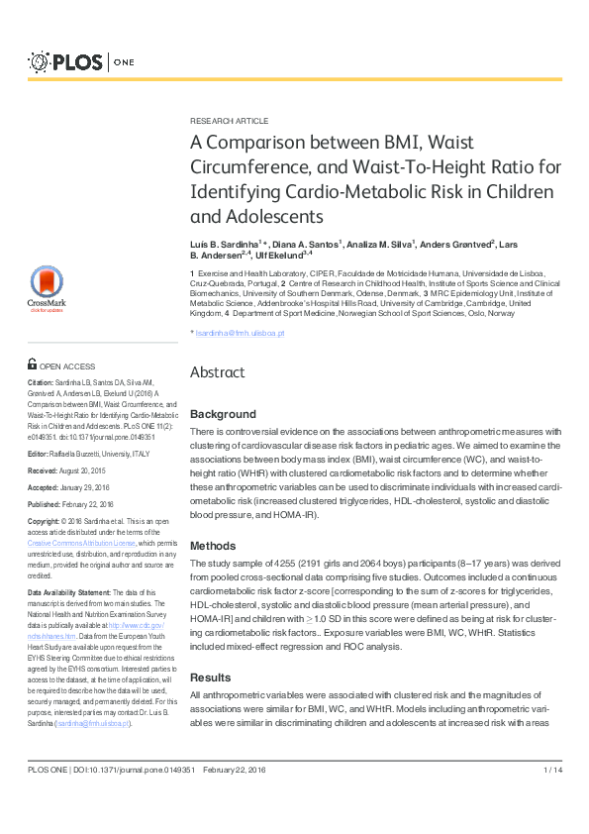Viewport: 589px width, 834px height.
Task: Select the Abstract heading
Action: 217,372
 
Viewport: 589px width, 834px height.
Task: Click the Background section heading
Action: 222,414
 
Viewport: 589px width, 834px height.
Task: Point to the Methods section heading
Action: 212,546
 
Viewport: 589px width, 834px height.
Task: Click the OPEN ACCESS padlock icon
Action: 33,365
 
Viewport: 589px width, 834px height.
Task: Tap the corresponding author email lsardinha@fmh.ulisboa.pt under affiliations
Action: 240,334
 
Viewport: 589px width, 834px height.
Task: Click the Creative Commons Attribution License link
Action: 81,544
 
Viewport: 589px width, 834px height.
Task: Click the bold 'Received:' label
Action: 44,470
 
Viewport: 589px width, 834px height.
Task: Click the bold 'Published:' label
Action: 46,504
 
